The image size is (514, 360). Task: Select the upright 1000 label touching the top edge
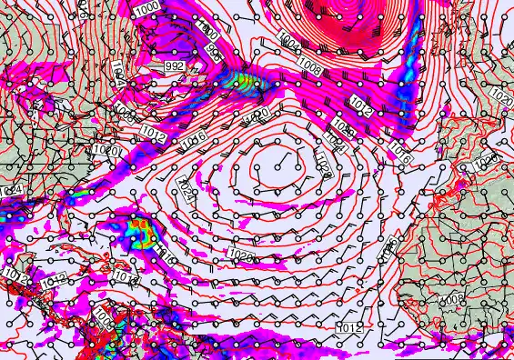pyautogui.click(x=146, y=7)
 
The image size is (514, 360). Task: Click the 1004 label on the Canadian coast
pyautogui.click(x=118, y=72)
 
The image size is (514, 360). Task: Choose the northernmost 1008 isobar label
pyautogui.click(x=308, y=65)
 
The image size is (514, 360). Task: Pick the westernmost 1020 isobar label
pyautogui.click(x=107, y=150)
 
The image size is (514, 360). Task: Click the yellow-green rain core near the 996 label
pyautogui.click(x=240, y=82)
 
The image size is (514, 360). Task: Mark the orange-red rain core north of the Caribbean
pyautogui.click(x=139, y=228)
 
